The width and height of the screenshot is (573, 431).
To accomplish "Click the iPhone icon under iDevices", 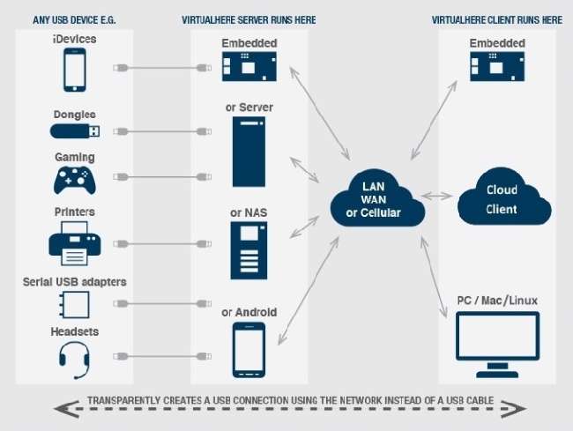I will (x=73, y=70).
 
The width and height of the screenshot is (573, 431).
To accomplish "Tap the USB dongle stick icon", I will (x=74, y=131).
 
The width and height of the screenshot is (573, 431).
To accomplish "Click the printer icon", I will (x=74, y=242).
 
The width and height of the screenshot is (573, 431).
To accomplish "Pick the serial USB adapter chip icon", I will (x=74, y=305).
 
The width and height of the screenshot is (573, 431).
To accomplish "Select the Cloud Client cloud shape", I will (x=502, y=200).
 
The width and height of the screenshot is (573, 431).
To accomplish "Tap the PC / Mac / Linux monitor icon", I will (x=497, y=338).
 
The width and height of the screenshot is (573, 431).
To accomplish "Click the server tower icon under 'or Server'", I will (x=249, y=151).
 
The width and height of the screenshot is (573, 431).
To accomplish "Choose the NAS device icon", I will (x=249, y=249).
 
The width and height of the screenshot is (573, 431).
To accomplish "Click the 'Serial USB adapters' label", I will (x=74, y=282).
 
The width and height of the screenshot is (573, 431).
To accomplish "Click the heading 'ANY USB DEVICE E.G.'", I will (x=75, y=19).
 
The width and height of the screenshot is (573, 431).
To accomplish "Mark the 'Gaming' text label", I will (x=75, y=157).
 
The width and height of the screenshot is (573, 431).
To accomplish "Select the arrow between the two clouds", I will (x=438, y=195).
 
